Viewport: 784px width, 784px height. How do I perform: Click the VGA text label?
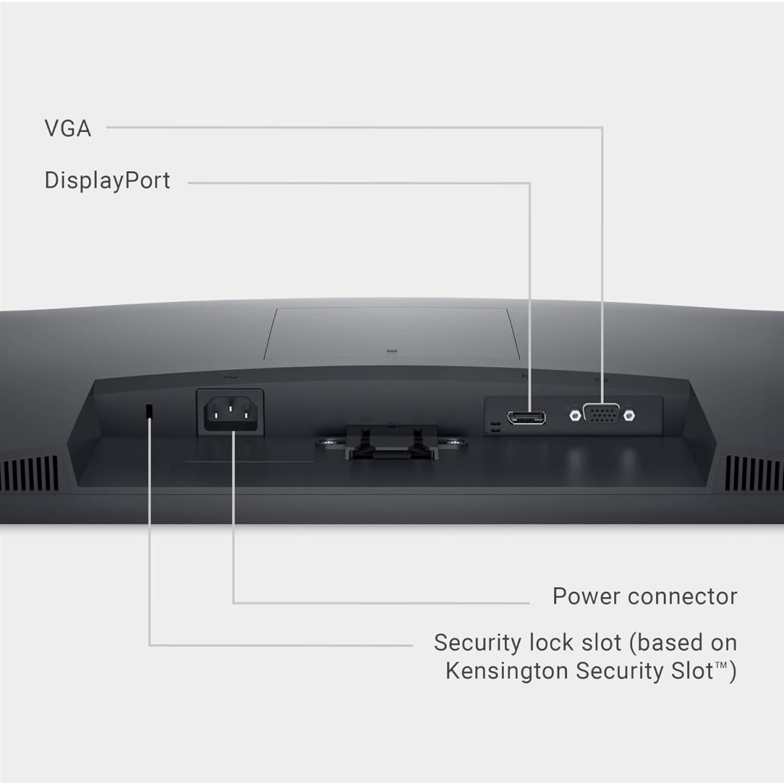click(67, 129)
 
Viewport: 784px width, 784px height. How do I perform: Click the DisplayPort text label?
click(107, 181)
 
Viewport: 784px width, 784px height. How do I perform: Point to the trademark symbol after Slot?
click(721, 666)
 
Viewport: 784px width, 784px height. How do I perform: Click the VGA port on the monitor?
click(601, 414)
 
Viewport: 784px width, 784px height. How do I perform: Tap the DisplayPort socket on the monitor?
click(527, 417)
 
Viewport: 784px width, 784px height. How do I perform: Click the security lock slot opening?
click(149, 410)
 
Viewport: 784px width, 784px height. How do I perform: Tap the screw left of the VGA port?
click(574, 414)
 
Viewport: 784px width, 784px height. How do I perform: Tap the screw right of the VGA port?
click(629, 414)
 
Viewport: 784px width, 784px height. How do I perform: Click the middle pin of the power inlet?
click(230, 409)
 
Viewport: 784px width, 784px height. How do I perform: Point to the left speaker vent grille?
click(29, 473)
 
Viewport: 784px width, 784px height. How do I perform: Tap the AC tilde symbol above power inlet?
click(229, 378)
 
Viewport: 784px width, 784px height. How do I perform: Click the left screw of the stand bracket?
click(332, 443)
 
